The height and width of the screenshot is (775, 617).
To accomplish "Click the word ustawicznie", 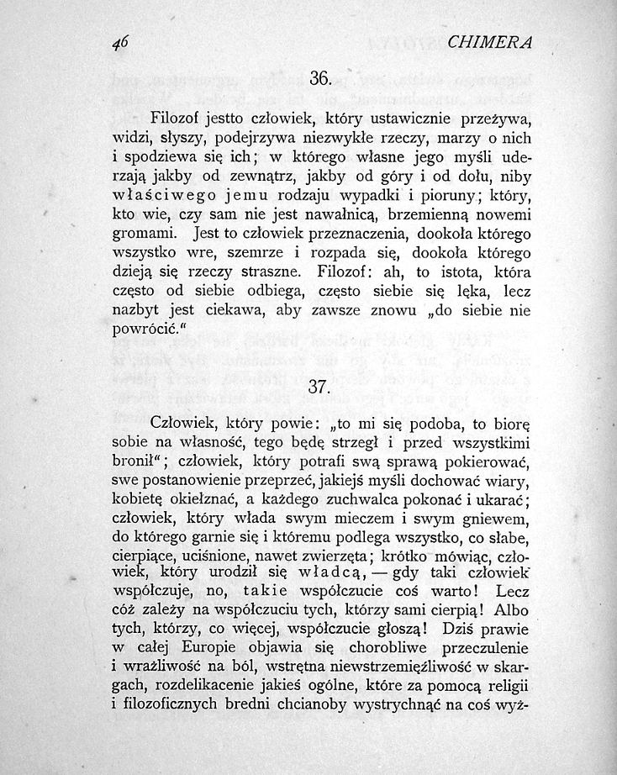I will coord(393,117).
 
